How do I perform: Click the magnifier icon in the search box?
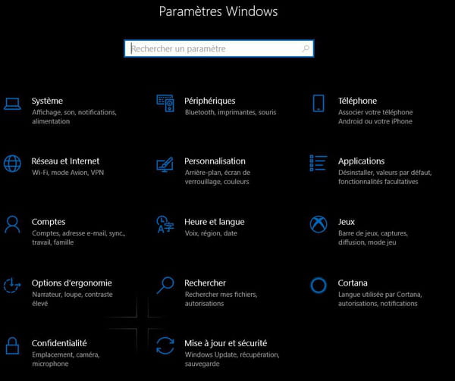tap(306, 48)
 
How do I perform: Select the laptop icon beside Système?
tap(12, 104)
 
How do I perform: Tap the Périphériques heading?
tap(210, 101)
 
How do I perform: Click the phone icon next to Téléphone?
tap(318, 103)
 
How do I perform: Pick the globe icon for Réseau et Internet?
tap(12, 164)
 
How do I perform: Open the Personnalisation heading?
tap(215, 161)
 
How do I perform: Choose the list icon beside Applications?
tap(318, 163)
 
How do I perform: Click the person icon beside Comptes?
tap(12, 224)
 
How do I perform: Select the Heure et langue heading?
tap(215, 222)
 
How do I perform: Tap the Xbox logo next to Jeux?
tap(318, 224)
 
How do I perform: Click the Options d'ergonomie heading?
tap(72, 283)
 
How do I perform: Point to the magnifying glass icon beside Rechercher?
tap(165, 286)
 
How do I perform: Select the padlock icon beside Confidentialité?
tap(12, 345)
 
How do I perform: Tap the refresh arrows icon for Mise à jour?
tap(165, 345)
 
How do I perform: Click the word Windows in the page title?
tap(252, 11)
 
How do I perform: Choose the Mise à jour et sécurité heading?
tap(226, 343)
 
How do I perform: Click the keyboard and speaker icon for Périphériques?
tap(165, 103)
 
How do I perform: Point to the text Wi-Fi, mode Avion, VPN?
tap(68, 173)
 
